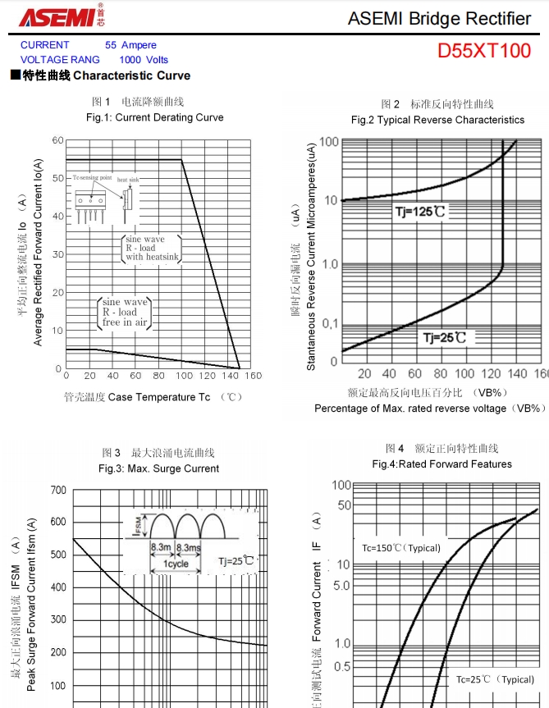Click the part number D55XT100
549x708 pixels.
point(483,51)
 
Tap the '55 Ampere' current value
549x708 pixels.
point(130,45)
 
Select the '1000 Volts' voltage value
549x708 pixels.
point(144,60)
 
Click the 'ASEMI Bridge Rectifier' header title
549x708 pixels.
point(439,18)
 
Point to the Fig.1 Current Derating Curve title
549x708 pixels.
point(155,117)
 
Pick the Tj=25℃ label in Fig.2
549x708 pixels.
point(444,336)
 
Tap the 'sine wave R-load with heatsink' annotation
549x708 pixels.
point(152,248)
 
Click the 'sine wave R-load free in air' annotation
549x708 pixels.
point(125,312)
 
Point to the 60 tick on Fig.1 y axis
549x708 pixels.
point(57,140)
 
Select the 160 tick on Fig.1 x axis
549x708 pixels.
point(253,376)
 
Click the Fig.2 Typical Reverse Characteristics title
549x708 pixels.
point(437,120)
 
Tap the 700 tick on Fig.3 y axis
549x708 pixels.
point(57,491)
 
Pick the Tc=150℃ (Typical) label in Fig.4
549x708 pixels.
point(401,548)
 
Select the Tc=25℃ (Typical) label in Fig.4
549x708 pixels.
point(496,679)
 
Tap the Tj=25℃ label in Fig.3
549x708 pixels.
point(236,561)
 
